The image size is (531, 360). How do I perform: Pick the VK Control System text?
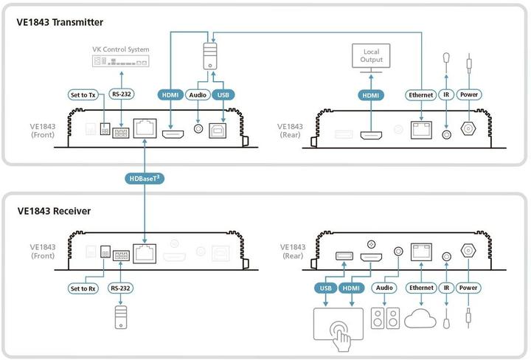[x=119, y=49]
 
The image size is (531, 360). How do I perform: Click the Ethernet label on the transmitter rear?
[x=420, y=94]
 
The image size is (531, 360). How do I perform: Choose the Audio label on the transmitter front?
[x=197, y=94]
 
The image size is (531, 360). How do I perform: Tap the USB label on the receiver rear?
[x=324, y=288]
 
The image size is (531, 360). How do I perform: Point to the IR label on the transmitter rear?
[x=446, y=94]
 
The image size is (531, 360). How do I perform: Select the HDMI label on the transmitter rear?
[x=370, y=94]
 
